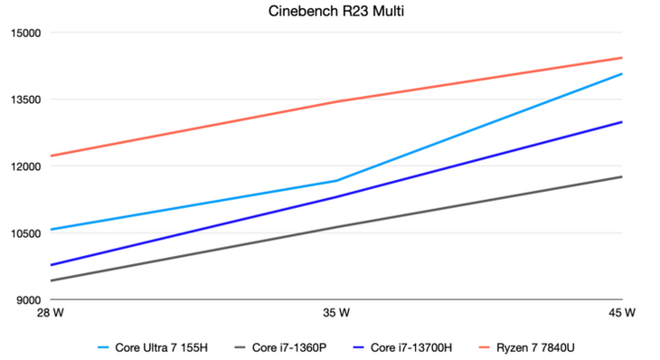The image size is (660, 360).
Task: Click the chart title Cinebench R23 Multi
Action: pyautogui.click(x=330, y=12)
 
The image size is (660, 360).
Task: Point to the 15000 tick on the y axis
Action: pyautogui.click(x=24, y=33)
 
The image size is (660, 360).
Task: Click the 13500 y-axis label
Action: pyautogui.click(x=24, y=100)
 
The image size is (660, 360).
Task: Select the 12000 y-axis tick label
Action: pyautogui.click(x=24, y=167)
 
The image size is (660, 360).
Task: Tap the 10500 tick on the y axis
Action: pyautogui.click(x=24, y=233)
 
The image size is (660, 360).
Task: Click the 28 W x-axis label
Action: pyautogui.click(x=51, y=313)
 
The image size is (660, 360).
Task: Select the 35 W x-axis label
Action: pyautogui.click(x=336, y=313)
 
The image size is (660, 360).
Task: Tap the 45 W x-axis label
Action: pyautogui.click(x=621, y=313)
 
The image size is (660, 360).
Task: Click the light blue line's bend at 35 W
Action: pyautogui.click(x=336, y=181)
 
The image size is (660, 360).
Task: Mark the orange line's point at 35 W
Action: pyautogui.click(x=336, y=101)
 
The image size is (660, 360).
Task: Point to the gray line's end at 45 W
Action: pyautogui.click(x=622, y=176)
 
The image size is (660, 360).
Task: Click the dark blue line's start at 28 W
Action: pyautogui.click(x=52, y=265)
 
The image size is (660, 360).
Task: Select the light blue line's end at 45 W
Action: pyautogui.click(x=622, y=73)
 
